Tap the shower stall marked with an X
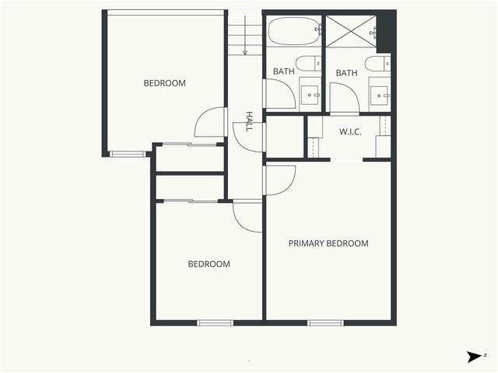349,33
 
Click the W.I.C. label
350,131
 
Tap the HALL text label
249,120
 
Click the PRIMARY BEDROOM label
328,243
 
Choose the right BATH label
346,73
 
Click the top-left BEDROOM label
165,83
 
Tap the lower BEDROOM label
209,264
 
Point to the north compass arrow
473,357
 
